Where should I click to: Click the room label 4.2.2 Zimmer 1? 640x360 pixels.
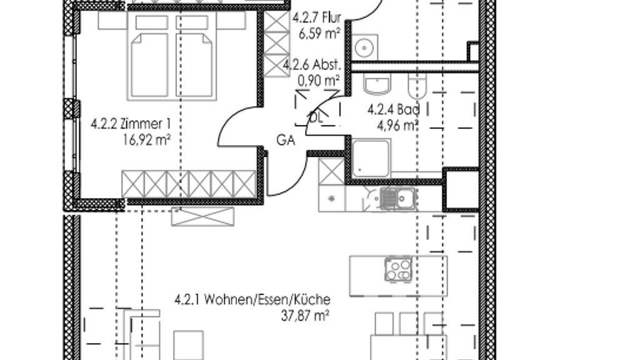(x=131, y=124)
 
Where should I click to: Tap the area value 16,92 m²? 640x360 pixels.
(x=146, y=141)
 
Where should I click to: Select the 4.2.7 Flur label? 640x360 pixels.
(x=316, y=17)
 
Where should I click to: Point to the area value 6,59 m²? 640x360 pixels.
(x=319, y=34)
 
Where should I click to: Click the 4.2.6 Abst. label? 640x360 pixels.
(x=312, y=64)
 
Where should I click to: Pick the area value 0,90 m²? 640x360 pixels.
(x=319, y=81)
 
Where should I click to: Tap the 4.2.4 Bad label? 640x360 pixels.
(x=394, y=109)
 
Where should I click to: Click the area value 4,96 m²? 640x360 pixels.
(x=397, y=126)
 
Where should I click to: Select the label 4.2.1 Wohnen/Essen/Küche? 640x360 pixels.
(x=252, y=299)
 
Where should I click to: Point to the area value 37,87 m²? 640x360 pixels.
(x=305, y=316)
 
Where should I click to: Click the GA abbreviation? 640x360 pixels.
(x=285, y=141)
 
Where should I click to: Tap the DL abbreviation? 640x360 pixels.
(x=316, y=118)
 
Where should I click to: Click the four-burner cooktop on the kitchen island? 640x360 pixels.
(x=398, y=270)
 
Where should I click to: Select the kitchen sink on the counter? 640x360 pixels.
(x=397, y=199)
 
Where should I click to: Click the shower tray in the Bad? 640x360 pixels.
(x=371, y=158)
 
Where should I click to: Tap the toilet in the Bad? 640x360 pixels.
(x=417, y=86)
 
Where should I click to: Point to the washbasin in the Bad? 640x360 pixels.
(x=377, y=84)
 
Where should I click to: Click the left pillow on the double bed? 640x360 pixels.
(x=151, y=22)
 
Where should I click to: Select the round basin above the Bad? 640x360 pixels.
(x=364, y=47)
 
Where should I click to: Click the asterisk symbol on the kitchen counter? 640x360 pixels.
(x=331, y=199)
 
